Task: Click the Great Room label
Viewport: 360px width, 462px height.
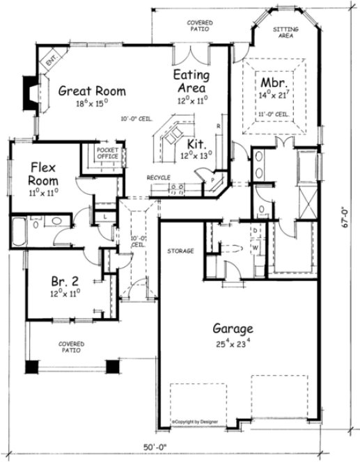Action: pos(92,90)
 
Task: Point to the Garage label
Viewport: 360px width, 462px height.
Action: pos(233,330)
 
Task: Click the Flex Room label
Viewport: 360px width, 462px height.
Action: pos(43,173)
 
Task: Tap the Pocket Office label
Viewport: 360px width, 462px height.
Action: pos(107,153)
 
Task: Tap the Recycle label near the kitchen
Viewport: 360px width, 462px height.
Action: pos(159,179)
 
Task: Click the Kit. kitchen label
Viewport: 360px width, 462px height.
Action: pos(196,145)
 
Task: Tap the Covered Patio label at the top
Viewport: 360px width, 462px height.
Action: pos(200,26)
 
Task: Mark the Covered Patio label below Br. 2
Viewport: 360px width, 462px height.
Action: pos(70,346)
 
